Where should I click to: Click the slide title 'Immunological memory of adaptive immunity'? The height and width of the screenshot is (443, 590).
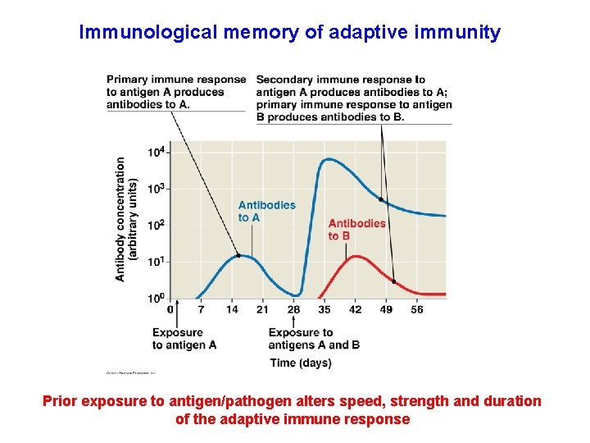pyautogui.click(x=289, y=33)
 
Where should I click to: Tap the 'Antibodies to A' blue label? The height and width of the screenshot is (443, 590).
pyautogui.click(x=266, y=211)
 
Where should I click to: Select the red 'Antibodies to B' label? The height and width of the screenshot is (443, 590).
pyautogui.click(x=356, y=230)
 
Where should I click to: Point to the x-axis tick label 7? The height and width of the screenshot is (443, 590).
pyautogui.click(x=201, y=309)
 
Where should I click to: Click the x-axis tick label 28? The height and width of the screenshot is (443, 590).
pyautogui.click(x=294, y=309)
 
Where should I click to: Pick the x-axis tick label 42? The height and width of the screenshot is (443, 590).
pyautogui.click(x=355, y=309)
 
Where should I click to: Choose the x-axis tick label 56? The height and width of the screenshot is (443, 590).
pyautogui.click(x=416, y=309)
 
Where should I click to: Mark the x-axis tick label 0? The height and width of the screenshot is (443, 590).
pyautogui.click(x=170, y=309)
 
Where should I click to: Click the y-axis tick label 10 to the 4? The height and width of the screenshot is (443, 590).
pyautogui.click(x=156, y=153)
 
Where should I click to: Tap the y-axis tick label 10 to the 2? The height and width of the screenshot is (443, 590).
pyautogui.click(x=156, y=225)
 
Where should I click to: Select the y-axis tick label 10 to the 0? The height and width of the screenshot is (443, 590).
pyautogui.click(x=156, y=298)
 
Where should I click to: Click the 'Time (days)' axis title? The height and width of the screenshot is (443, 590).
pyautogui.click(x=301, y=363)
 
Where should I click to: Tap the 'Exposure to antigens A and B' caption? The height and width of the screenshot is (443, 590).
pyautogui.click(x=314, y=339)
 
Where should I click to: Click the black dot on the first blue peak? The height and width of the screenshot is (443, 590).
pyautogui.click(x=238, y=255)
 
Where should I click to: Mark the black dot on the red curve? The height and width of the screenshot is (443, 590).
pyautogui.click(x=394, y=281)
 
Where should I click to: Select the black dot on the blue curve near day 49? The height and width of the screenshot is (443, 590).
pyautogui.click(x=380, y=199)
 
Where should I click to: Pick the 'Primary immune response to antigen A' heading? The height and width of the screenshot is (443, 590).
pyautogui.click(x=176, y=91)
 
